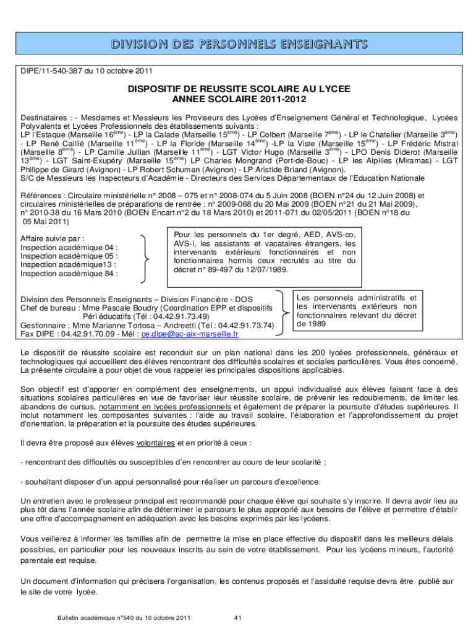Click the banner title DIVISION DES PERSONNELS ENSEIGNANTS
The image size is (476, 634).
238,44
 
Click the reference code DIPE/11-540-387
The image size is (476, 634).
51,71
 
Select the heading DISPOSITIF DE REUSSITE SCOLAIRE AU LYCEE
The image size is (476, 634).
239,89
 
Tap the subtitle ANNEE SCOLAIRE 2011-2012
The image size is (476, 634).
239,99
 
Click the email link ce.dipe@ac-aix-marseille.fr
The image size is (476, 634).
190,334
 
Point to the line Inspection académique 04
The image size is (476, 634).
69,247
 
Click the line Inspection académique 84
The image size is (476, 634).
69,273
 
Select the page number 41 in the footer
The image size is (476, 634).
238,618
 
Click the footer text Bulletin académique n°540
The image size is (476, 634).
93,618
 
